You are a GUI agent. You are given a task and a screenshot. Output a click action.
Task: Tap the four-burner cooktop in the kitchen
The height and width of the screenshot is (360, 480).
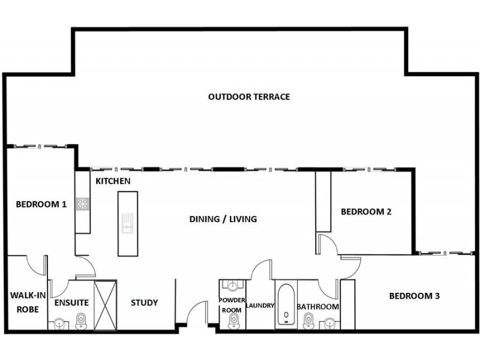82,204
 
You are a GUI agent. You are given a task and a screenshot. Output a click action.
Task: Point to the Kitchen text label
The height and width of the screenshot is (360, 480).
113,181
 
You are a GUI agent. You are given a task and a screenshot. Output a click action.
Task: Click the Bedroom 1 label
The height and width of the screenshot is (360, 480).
41,204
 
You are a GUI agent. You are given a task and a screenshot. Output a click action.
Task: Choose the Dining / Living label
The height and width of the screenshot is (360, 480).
223,219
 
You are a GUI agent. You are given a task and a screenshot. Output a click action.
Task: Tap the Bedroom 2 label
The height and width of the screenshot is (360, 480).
366,211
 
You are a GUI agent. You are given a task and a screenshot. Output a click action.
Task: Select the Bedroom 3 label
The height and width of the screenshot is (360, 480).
415,296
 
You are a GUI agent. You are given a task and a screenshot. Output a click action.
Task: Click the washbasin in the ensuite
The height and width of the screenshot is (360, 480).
59,324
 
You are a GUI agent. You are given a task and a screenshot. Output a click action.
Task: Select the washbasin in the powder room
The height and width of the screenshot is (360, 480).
233,286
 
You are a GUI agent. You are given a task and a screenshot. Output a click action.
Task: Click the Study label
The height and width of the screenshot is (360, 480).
144,302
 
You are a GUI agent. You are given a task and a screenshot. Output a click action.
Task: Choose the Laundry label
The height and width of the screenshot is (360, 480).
260,305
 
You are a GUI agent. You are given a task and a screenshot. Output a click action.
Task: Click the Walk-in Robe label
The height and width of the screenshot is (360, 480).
25,302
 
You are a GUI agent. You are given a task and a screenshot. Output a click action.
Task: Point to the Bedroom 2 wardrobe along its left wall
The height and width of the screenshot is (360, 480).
323,201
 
